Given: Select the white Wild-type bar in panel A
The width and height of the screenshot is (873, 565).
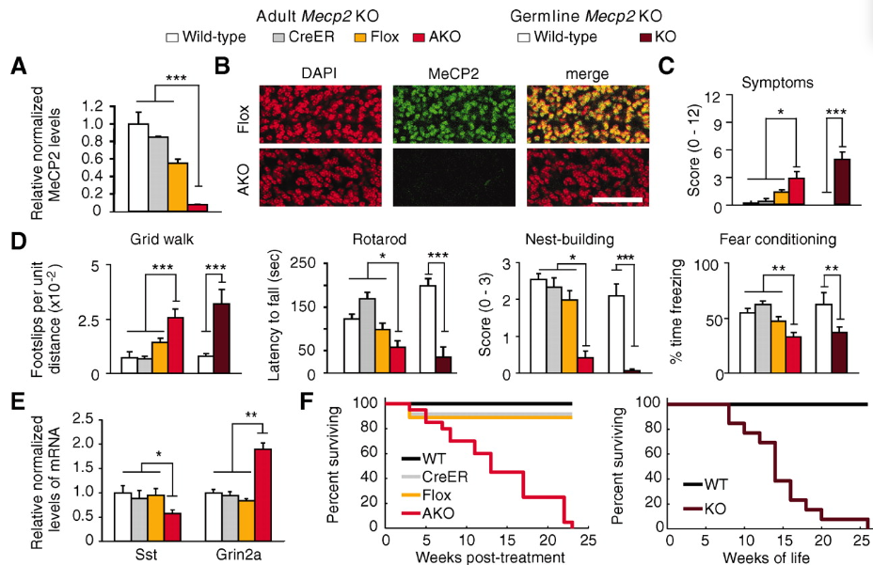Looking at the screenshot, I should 138,165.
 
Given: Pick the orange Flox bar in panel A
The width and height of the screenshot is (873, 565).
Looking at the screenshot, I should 179,184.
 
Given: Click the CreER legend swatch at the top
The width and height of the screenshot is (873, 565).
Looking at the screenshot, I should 278,38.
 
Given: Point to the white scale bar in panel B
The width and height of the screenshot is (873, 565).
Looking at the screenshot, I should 616,199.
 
